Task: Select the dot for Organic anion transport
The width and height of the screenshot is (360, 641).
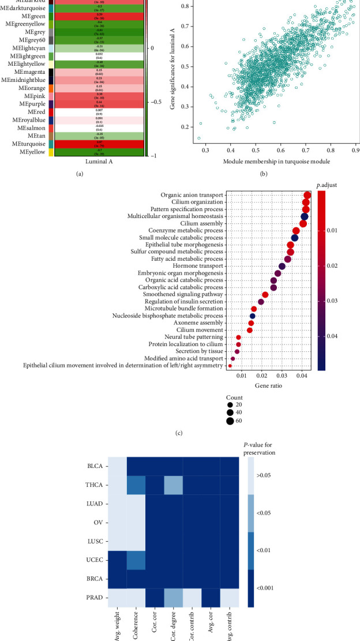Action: [307, 196]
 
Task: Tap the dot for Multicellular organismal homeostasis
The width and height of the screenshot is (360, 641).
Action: [305, 216]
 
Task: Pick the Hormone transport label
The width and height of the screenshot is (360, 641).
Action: [200, 250]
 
